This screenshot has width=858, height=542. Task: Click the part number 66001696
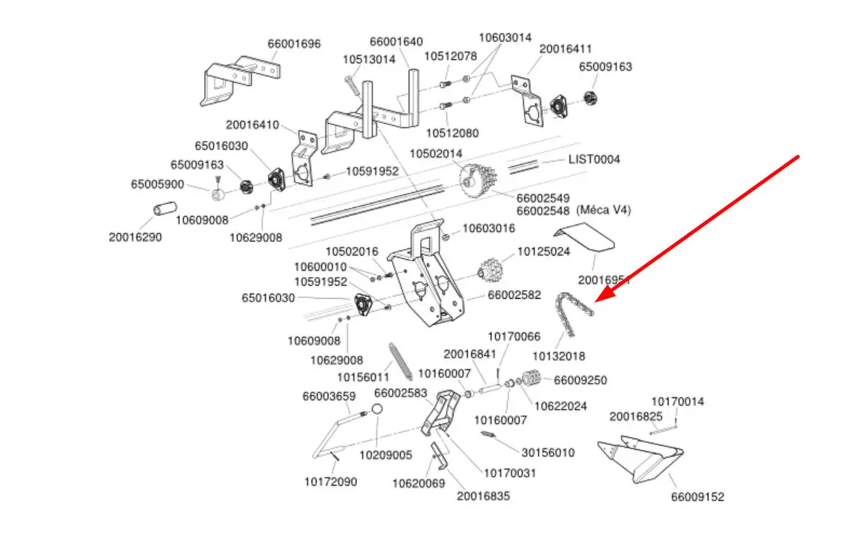pyautogui.click(x=294, y=44)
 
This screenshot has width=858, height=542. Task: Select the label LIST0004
pyautogui.click(x=595, y=159)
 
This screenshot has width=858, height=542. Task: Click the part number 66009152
pyautogui.click(x=697, y=497)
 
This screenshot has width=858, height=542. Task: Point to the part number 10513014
pyautogui.click(x=369, y=60)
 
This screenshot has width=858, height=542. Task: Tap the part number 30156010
pyautogui.click(x=548, y=453)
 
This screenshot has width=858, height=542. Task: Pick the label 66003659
pyautogui.click(x=329, y=396)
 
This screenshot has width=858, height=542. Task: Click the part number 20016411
pyautogui.click(x=565, y=49)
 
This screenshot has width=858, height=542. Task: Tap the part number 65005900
pyautogui.click(x=157, y=184)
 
